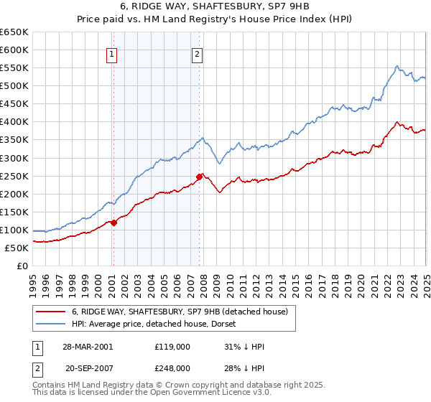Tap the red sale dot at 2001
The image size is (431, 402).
coord(113,223)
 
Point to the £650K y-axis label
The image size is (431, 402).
coord(14,32)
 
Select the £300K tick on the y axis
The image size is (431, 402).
coord(14,158)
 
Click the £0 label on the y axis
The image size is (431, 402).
coord(23,266)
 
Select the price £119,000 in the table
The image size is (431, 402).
coord(172,347)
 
